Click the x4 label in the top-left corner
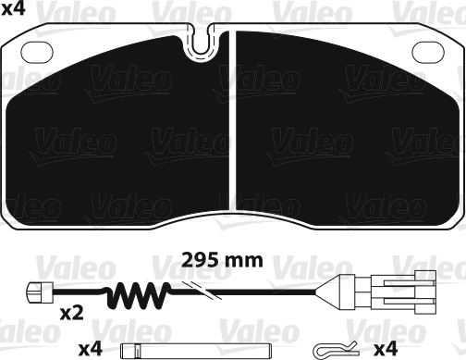pyautogui.click(x=15, y=11)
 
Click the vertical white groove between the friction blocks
pyautogui.click(x=232, y=130)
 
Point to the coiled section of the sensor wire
pyautogui.click(x=139, y=296)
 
